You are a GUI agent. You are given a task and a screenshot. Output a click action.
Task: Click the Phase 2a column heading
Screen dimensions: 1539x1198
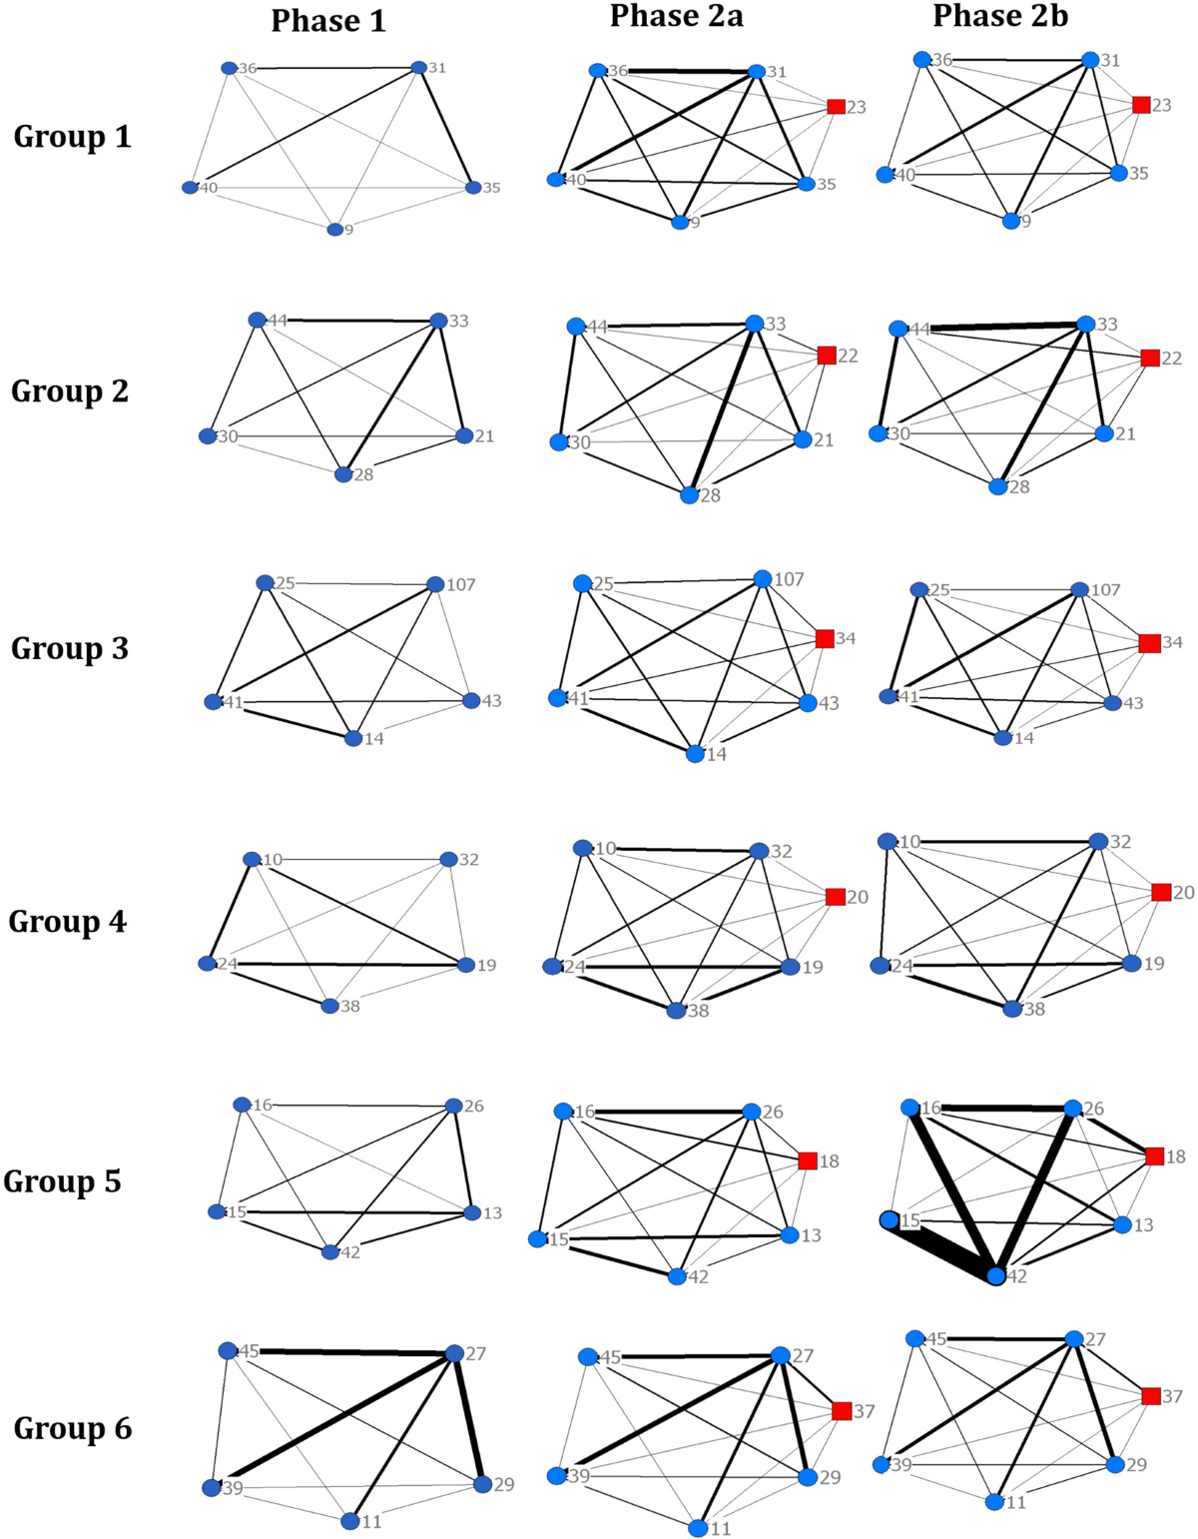coord(676,17)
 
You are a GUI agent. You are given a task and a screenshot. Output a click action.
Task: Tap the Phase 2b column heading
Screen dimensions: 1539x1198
coord(999,17)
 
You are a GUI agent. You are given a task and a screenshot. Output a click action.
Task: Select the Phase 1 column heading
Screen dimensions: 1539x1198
coord(328,21)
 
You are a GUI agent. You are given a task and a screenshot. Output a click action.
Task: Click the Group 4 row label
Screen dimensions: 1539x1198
coord(68,921)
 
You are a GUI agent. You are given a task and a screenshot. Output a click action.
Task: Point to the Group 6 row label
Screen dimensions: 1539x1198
coord(72,1428)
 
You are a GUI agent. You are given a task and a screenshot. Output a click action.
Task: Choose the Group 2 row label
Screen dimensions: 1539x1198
coord(70,391)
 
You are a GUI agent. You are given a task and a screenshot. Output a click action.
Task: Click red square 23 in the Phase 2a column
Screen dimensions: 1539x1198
coord(837,107)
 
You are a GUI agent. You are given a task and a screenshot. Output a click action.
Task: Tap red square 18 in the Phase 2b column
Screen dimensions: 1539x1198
coord(1155,1156)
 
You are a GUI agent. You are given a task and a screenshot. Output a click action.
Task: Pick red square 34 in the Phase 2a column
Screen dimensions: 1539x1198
coord(825,638)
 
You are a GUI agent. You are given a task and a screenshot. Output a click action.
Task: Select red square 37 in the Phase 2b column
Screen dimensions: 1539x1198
coord(1151,1396)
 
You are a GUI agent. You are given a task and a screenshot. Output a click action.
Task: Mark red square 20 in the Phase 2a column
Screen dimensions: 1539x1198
coord(836,897)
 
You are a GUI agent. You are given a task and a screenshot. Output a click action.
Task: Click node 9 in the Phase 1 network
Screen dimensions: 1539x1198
coord(334,230)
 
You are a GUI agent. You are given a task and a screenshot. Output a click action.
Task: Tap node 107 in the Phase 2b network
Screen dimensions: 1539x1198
coord(1079,590)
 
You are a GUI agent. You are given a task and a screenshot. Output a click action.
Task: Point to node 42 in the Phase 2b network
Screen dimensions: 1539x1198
coord(995,1275)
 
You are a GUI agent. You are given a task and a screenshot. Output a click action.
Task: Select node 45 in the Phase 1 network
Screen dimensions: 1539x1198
coord(228,1350)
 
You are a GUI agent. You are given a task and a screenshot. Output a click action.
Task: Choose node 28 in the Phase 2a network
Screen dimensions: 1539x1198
coord(689,494)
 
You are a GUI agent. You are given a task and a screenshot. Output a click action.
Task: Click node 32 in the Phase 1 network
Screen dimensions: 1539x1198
coord(448,859)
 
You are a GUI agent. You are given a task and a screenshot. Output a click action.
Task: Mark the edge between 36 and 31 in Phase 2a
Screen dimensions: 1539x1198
coord(677,71)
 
